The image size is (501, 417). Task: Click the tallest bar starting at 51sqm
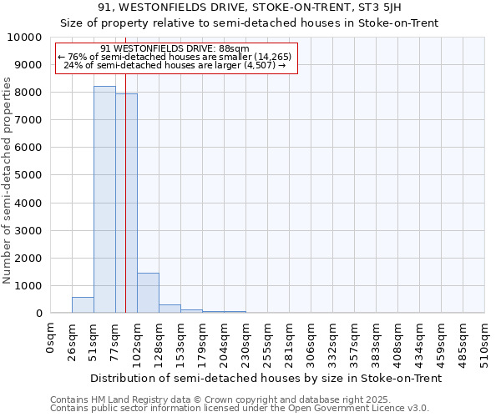104,200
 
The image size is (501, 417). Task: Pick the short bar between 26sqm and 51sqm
83,305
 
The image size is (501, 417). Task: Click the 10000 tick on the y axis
26,38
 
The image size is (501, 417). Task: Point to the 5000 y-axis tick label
29,175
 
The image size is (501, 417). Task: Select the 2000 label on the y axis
29,258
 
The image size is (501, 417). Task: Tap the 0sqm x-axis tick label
51,339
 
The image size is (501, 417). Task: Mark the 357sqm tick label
355,342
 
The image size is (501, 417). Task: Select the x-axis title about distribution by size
266,378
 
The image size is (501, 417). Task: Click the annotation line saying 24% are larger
175,65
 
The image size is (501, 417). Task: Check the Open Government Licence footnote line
240,408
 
